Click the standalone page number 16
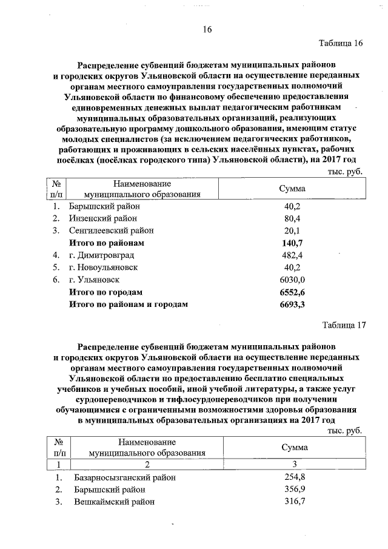tap(207, 29)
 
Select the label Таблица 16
tap(341, 43)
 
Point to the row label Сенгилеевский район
tap(111, 231)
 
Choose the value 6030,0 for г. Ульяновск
tap(292, 280)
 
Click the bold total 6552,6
tap(292, 292)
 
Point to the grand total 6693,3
tap(292, 304)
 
